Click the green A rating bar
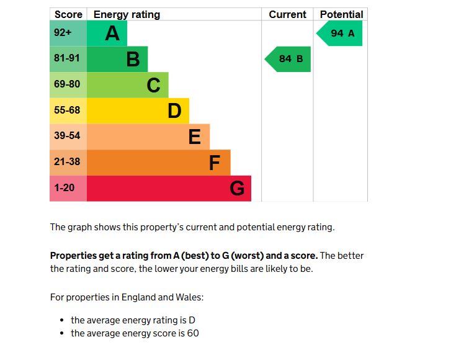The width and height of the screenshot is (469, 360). coord(107,33)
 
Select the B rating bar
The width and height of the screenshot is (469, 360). coord(117,59)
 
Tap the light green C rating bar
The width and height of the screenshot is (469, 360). coord(127,85)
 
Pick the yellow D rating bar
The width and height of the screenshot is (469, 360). coord(138,110)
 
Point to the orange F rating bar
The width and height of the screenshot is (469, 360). coord(158,163)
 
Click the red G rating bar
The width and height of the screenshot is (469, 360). coord(169,188)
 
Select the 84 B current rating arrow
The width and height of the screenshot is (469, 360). coord(288,59)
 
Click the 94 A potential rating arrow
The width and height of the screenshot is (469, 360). coord(340,33)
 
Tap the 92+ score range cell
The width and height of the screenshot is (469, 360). coord(68,33)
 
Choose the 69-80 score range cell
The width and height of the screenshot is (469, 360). coord(68,85)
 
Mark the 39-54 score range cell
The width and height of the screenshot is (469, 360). coord(68,137)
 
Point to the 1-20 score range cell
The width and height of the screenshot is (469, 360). coord(68,188)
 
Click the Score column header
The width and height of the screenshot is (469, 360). coord(68,14)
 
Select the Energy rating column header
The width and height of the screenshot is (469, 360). coord(127,14)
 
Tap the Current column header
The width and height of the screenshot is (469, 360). coord(287,14)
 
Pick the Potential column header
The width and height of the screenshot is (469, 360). coord(341,14)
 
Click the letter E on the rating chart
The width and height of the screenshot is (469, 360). coord(194,137)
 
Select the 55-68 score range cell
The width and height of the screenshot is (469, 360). coord(68,110)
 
